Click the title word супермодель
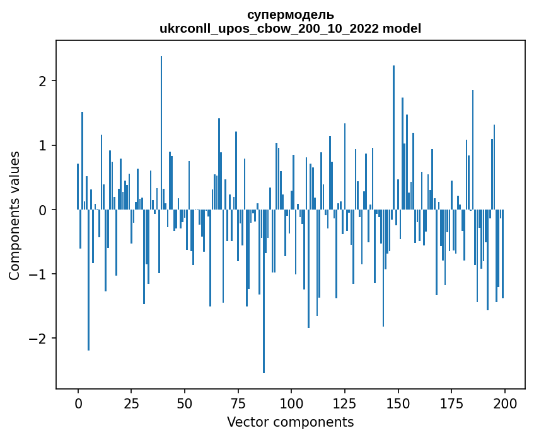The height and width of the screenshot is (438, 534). coord(290,15)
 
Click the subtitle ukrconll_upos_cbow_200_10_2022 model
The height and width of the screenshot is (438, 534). coord(290,28)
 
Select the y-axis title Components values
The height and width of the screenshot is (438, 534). coord(15,215)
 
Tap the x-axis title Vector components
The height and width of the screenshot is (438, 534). coord(290,422)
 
